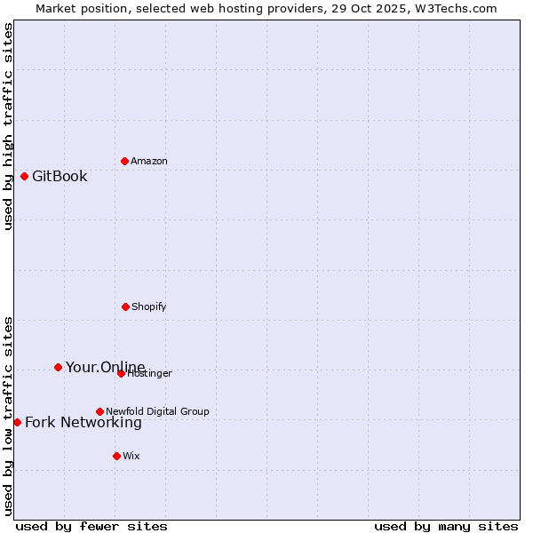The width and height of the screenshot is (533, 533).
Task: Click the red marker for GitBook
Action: click(24, 176)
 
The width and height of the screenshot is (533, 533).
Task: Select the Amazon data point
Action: click(124, 161)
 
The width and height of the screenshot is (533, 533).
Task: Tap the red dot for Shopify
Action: click(125, 306)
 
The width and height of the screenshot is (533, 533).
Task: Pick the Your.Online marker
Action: click(58, 367)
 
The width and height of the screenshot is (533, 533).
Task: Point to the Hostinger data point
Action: click(121, 373)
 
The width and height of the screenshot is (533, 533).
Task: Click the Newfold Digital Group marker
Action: click(99, 411)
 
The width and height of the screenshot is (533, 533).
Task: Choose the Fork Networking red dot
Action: click(17, 422)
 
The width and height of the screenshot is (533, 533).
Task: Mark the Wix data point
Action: click(116, 456)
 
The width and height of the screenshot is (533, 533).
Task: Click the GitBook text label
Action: click(60, 176)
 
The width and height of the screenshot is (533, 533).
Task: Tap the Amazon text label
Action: click(149, 161)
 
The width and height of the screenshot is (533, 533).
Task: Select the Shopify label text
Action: click(149, 306)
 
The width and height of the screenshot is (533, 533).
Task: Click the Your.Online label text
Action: click(105, 367)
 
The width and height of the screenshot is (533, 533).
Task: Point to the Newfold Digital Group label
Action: click(157, 411)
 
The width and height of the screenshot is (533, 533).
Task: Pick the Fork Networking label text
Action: click(83, 422)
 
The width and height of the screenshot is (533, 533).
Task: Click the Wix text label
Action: click(131, 456)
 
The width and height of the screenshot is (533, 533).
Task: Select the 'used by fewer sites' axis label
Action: click(91, 526)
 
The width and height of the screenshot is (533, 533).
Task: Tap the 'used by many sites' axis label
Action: click(446, 526)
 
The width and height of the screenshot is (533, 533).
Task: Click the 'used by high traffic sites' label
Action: click(8, 126)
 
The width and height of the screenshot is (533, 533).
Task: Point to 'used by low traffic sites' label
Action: click(8, 415)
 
